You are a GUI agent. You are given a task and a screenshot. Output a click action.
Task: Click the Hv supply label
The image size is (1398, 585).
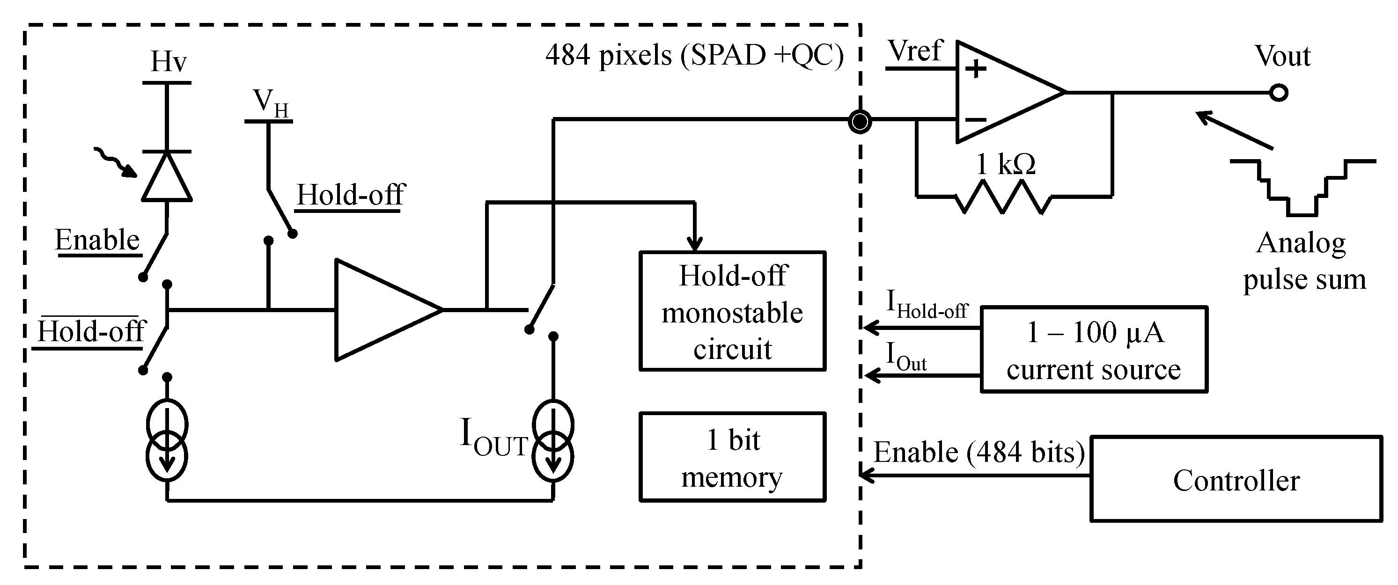tap(168, 62)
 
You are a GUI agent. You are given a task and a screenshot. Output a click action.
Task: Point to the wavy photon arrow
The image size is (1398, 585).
tap(115, 162)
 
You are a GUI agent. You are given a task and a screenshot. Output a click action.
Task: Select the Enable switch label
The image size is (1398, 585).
tap(98, 240)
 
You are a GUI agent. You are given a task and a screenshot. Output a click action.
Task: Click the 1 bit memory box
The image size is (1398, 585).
tap(732, 457)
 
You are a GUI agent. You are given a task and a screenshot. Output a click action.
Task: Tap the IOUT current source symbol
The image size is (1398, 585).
tap(552, 441)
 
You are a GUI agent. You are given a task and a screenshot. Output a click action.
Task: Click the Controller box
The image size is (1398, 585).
tap(1236, 479)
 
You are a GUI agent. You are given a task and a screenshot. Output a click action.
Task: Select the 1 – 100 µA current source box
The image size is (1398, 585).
tap(1094, 350)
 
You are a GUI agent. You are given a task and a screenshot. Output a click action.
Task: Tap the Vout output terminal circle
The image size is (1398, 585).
tap(1279, 93)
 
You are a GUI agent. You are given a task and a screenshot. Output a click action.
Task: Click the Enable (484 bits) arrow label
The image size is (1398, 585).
tap(979, 452)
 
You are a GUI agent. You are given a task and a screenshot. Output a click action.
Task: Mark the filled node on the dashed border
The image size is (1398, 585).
tap(860, 122)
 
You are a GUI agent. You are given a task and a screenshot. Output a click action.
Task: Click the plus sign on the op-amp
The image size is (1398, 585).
tap(976, 69)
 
